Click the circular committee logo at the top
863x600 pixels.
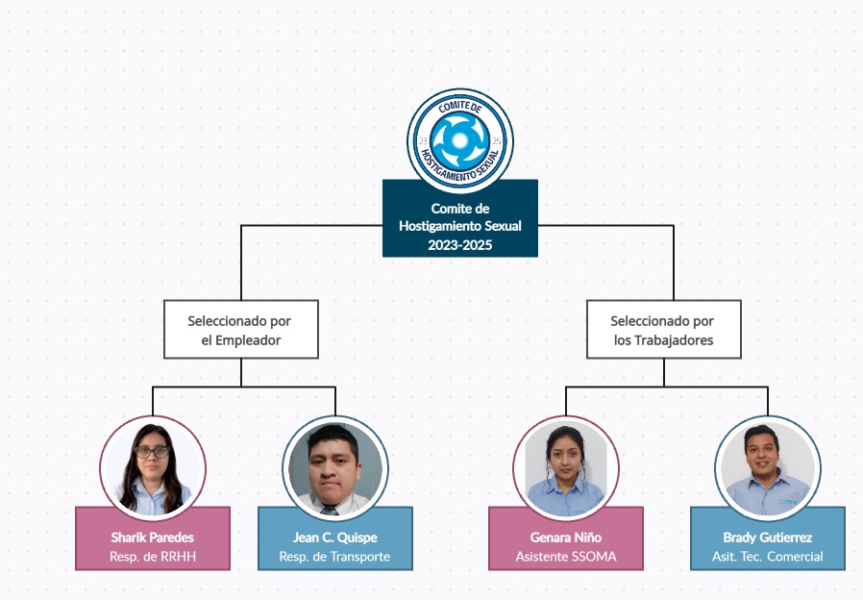459,140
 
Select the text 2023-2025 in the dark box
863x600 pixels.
459,245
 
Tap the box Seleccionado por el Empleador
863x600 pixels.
240,330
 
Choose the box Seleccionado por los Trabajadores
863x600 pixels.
663,330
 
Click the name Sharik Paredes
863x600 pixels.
152,537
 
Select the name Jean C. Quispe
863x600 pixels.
334,537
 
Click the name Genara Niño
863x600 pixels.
565,537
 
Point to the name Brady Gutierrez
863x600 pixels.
767,537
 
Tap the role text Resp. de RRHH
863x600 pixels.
152,557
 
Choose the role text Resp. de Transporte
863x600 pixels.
334,557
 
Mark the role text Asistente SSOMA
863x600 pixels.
565,557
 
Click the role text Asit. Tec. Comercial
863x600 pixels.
767,557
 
